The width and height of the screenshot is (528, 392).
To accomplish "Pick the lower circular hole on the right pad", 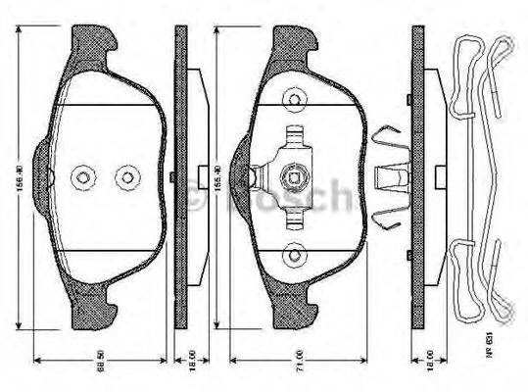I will click(x=292, y=256).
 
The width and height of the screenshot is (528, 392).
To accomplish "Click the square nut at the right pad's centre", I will click(x=292, y=177).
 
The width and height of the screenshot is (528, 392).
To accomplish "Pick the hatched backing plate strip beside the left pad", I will click(x=180, y=176).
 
